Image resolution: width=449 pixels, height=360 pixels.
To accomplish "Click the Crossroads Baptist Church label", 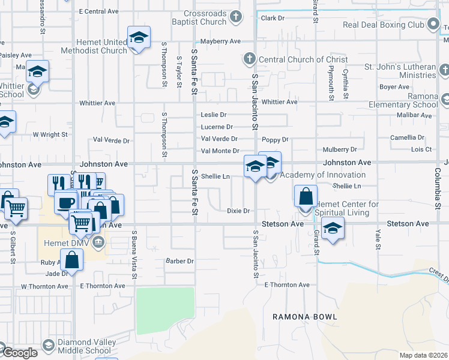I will tap(197, 17).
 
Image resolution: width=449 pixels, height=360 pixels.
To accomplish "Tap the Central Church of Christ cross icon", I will tap(249, 59).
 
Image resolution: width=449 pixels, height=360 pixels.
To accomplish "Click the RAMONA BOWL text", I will tap(304, 316).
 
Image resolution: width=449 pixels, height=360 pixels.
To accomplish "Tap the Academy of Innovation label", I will tap(322, 175).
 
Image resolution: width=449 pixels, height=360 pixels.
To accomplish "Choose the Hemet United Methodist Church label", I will tap(93, 46).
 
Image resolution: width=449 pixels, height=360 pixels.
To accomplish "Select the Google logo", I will tap(19, 352).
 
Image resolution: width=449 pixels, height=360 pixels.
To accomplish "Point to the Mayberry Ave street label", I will tap(220, 41).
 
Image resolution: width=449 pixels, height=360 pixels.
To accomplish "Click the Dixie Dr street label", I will tap(238, 211).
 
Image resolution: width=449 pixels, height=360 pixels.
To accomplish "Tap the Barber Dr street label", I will tap(180, 261).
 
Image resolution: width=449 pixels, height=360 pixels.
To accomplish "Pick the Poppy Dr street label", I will tap(277, 139).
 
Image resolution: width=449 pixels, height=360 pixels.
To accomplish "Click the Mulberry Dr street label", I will tap(340, 149).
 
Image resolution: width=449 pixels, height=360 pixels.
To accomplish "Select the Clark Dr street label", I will tap(273, 18).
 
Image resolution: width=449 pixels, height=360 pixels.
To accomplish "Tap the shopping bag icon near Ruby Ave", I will tap(72, 260).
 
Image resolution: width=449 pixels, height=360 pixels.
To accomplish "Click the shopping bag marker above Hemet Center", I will tap(306, 196).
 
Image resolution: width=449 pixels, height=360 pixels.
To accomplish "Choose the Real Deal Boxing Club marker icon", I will tap(433, 25).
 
